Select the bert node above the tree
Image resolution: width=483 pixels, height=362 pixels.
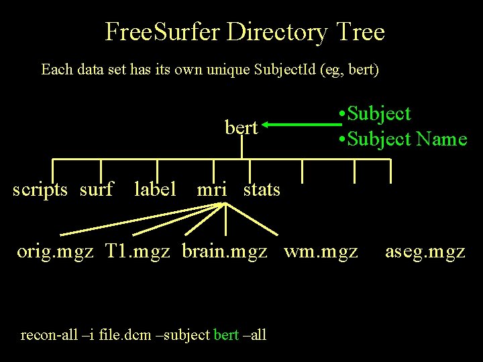point(241,127)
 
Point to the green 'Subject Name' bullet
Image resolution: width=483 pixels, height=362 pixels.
point(403,139)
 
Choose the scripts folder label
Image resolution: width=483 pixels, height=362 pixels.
point(40,190)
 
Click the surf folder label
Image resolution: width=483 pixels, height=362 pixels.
point(96,190)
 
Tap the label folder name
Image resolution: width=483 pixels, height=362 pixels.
point(155,190)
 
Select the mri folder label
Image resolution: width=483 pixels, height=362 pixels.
point(212,190)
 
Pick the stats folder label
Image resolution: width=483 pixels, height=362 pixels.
point(262,190)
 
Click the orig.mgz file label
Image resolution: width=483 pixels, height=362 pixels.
point(55,252)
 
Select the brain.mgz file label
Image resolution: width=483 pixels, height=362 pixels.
point(225,252)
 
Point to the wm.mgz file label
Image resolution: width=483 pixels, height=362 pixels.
point(321,252)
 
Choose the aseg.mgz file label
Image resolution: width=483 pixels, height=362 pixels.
point(425,252)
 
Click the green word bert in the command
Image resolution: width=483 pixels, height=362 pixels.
point(225,335)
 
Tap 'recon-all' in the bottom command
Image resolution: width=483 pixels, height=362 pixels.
point(46,335)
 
